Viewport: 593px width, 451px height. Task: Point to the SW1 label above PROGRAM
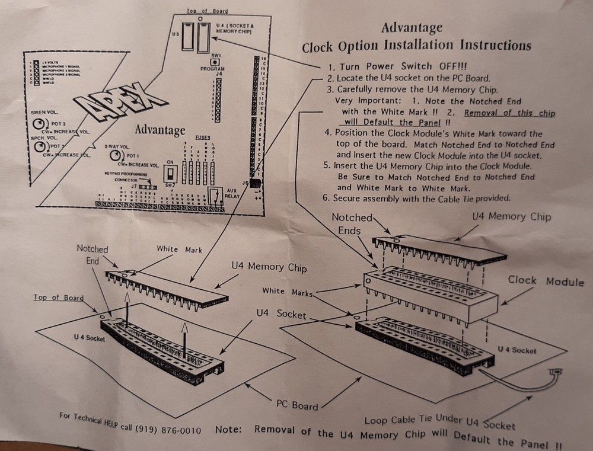coord(216,55)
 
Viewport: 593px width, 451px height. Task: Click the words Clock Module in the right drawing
coord(545,281)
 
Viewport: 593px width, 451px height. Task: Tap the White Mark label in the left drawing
coord(179,250)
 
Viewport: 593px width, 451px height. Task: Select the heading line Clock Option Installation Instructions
coord(416,46)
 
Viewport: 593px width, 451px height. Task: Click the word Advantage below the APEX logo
coord(160,130)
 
